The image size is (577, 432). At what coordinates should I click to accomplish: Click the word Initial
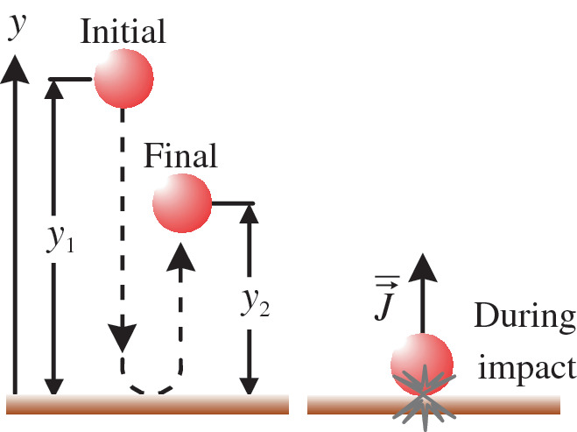click(123, 32)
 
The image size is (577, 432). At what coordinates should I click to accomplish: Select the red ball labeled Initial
click(123, 77)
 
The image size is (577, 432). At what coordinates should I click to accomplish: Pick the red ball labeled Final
click(182, 203)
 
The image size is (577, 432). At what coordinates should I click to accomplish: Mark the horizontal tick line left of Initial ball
click(71, 79)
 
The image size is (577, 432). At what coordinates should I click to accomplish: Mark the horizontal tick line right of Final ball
click(232, 203)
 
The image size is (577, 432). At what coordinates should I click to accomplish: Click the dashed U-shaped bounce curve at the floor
click(153, 386)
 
